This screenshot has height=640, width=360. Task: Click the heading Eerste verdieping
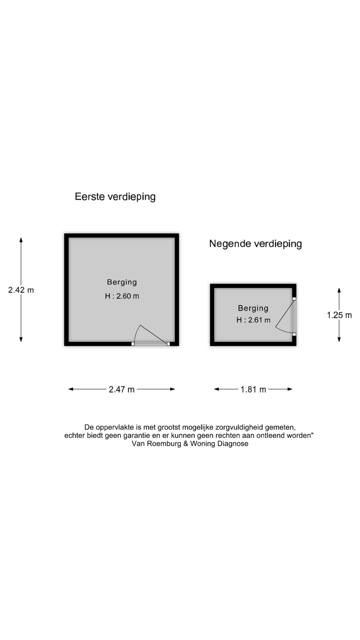[x=115, y=197]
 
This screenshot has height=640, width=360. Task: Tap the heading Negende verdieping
[x=255, y=244]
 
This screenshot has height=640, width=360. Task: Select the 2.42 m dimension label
[x=21, y=290]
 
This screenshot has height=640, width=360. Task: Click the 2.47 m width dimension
[x=122, y=389]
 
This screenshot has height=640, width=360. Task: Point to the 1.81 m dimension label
[x=253, y=389]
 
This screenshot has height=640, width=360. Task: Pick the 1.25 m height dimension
[x=339, y=315]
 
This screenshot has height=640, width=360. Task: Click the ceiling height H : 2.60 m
[x=122, y=296]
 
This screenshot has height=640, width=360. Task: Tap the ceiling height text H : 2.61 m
[x=253, y=320]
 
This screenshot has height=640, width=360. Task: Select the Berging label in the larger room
[x=122, y=282]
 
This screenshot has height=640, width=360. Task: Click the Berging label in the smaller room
[x=253, y=308]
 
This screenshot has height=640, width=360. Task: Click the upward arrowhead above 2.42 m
[x=21, y=240]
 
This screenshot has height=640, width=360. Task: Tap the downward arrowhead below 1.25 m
[x=339, y=339]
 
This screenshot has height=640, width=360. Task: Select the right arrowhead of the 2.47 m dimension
[x=172, y=389]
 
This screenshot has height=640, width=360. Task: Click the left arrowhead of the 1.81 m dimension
[x=217, y=389]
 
